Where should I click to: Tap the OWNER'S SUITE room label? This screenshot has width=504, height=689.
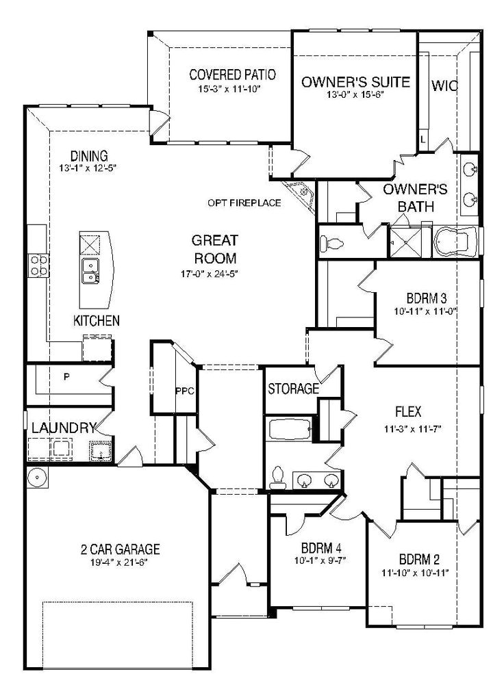click(x=355, y=83)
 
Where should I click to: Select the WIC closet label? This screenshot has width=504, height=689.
click(x=444, y=86)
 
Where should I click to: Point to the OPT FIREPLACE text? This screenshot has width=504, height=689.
click(x=244, y=203)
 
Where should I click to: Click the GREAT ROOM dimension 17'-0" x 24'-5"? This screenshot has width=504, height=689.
click(x=214, y=274)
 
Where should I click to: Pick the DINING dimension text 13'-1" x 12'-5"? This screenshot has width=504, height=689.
click(x=88, y=168)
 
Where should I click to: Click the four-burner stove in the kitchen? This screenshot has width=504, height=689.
click(x=37, y=265)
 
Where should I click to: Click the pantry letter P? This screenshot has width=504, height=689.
click(x=67, y=376)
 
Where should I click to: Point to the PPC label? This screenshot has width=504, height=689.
click(x=185, y=391)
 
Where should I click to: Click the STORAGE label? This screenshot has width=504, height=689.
click(x=293, y=390)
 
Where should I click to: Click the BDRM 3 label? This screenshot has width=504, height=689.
click(x=426, y=298)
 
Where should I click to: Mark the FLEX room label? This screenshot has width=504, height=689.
click(x=407, y=412)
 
